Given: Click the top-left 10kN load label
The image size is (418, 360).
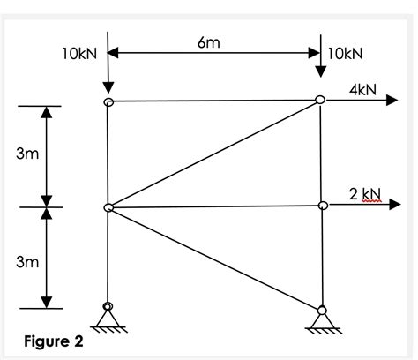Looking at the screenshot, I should [78, 54].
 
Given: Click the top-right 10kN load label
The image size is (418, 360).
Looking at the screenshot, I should [345, 54].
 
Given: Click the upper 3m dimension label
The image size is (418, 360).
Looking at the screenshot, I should [27, 155].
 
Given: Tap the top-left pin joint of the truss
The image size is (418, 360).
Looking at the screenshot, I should [108, 102].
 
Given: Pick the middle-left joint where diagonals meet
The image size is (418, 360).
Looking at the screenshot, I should [108, 207].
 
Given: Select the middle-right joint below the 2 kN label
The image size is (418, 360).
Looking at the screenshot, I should [323, 206].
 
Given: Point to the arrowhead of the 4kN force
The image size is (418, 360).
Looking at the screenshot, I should [393, 101].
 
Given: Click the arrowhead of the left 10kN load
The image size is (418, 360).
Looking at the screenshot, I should [108, 88].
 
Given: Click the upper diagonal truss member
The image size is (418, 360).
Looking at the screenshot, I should [214, 154].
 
